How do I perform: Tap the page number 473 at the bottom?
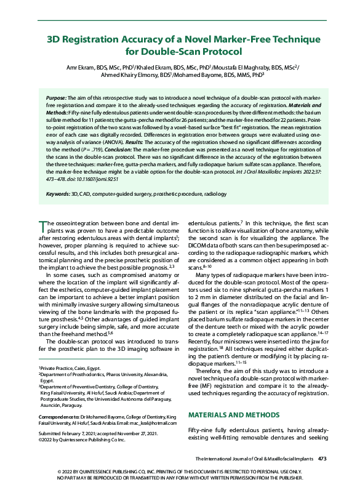[322, 459]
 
